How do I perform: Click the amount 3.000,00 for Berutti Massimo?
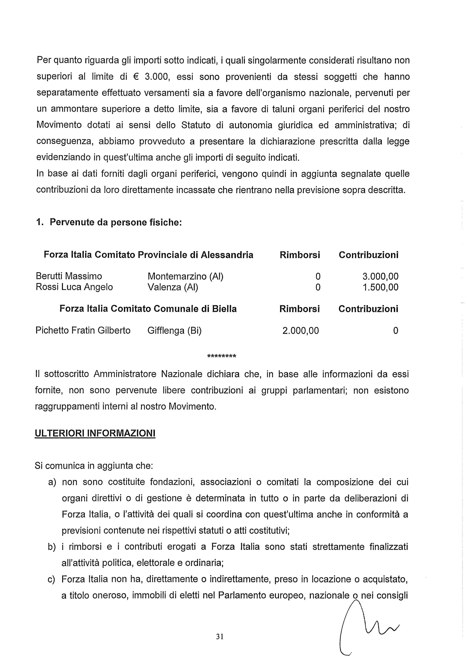click(x=380, y=276)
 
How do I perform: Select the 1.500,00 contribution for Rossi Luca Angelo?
click(x=380, y=287)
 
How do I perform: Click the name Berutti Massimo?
click(x=69, y=276)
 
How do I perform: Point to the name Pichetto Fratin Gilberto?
click(x=83, y=330)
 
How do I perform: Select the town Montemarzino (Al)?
click(x=185, y=276)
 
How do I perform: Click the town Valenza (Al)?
click(x=173, y=287)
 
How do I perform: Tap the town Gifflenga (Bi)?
click(x=174, y=331)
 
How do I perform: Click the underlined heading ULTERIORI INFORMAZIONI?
click(x=95, y=433)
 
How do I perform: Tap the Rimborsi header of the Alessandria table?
click(x=300, y=255)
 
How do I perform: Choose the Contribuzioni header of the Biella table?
click(x=368, y=309)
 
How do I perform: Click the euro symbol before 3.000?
click(x=136, y=77)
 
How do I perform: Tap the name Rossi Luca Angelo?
click(x=74, y=287)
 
